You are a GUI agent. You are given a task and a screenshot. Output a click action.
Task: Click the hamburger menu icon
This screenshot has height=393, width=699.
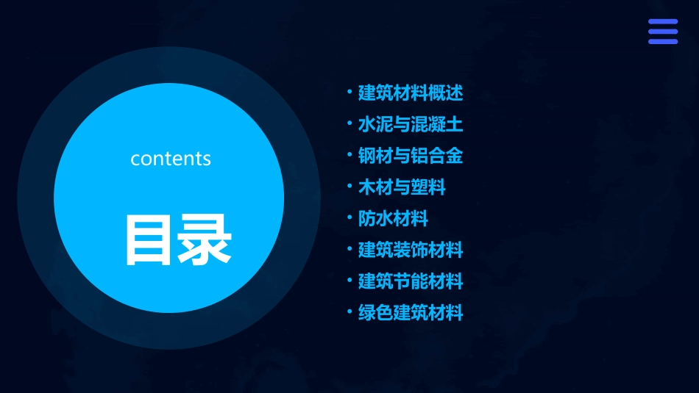point(663,32)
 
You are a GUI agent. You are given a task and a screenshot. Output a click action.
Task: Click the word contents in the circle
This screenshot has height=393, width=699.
point(171,159)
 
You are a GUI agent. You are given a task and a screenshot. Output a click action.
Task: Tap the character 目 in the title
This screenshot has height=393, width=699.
point(150,240)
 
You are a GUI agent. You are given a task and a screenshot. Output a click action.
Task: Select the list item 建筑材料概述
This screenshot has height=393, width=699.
point(411,93)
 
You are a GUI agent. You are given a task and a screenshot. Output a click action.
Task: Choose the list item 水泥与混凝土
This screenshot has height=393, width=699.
point(411,124)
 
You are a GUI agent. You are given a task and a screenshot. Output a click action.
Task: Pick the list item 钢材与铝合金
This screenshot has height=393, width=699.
point(411,156)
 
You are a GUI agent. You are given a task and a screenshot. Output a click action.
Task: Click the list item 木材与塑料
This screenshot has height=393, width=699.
point(402,187)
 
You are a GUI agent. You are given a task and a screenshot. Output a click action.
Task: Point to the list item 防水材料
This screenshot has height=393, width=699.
point(393,219)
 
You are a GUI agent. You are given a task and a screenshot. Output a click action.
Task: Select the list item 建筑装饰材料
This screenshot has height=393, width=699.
point(411,250)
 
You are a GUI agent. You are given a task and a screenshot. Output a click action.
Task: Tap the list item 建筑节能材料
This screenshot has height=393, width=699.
point(411,281)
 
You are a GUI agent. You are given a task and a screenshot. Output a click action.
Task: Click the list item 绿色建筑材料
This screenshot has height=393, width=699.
point(411,313)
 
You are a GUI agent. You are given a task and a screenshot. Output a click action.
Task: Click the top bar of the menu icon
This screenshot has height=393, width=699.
point(663,22)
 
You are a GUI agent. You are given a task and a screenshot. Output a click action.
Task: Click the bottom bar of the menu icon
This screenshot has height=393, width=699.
point(663,41)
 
